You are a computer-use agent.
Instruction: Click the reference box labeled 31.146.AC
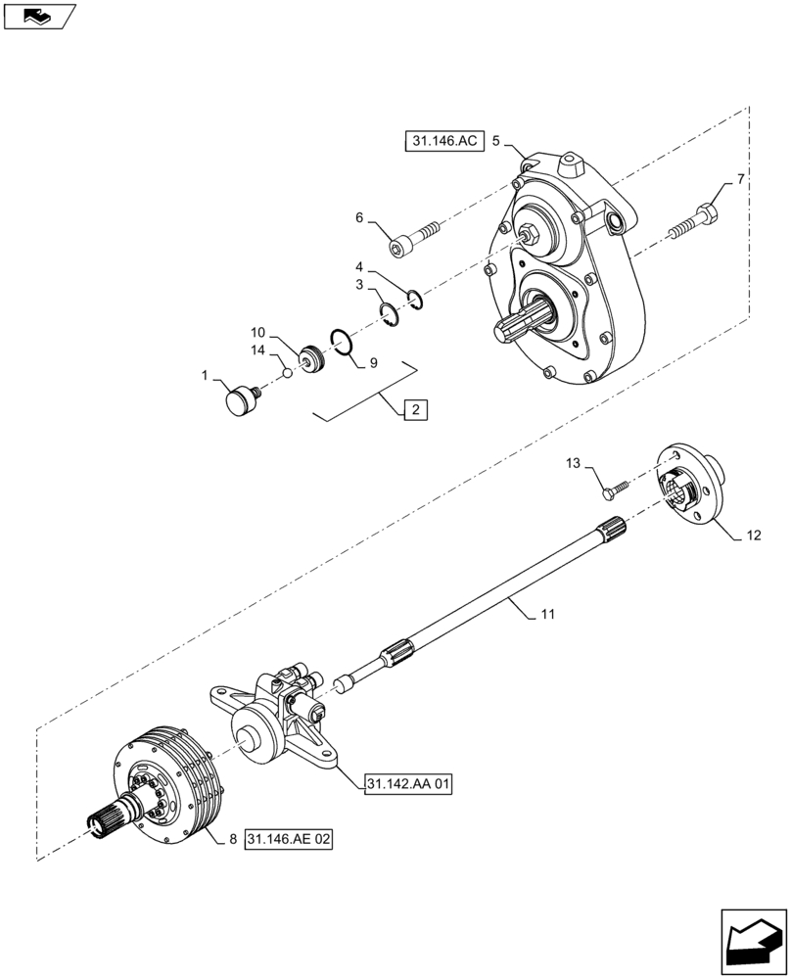(x=442, y=142)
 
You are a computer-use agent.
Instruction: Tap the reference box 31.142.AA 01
(x=409, y=784)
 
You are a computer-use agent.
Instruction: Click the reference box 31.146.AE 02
(x=290, y=840)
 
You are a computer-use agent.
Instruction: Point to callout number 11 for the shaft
(x=547, y=615)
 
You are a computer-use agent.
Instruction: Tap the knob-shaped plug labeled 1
(x=241, y=400)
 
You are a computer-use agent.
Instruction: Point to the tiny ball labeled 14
(x=287, y=372)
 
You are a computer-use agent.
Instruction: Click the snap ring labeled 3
(x=391, y=315)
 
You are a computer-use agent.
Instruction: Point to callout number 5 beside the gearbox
(x=495, y=142)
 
